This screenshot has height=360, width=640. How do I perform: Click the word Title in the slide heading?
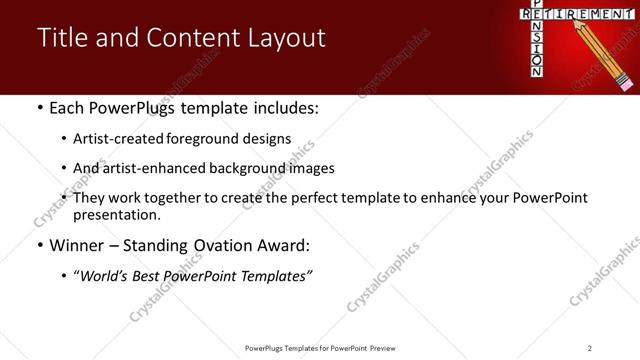tap(62, 38)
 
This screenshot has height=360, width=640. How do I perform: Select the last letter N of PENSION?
tap(537, 72)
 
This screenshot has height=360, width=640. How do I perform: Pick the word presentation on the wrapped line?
tap(116, 214)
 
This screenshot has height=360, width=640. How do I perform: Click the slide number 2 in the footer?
tap(590, 347)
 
